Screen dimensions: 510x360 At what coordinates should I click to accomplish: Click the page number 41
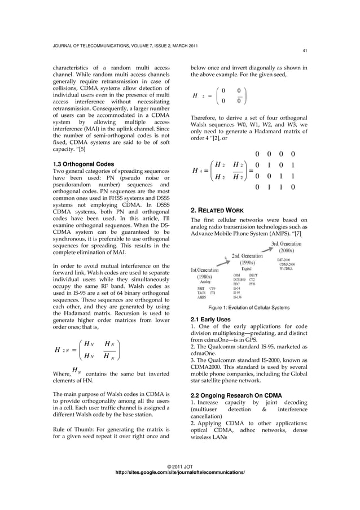coord(304,50)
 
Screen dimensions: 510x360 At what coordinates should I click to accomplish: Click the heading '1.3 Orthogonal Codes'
coord(83,164)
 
